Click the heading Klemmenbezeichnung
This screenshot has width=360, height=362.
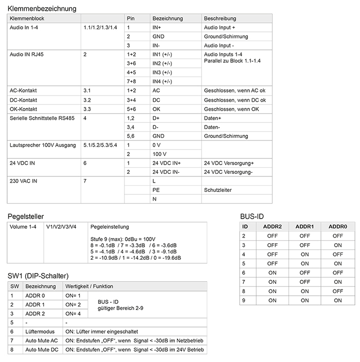[x=42, y=9]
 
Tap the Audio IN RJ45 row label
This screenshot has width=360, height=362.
[x=26, y=54]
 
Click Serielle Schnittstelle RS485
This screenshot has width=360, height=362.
[x=42, y=118]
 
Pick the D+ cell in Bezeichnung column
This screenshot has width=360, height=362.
[x=156, y=118]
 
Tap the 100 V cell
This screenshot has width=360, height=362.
[x=159, y=154]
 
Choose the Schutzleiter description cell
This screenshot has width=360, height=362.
[x=218, y=190]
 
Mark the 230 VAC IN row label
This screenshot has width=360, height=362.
[x=24, y=181]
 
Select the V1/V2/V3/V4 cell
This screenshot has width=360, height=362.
[x=61, y=227]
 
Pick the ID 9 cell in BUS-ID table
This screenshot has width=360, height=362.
[x=245, y=300]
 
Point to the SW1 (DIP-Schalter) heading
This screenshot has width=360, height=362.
[x=38, y=276]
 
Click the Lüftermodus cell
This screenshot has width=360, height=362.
[x=40, y=331]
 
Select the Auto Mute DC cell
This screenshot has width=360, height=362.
[x=41, y=350]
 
